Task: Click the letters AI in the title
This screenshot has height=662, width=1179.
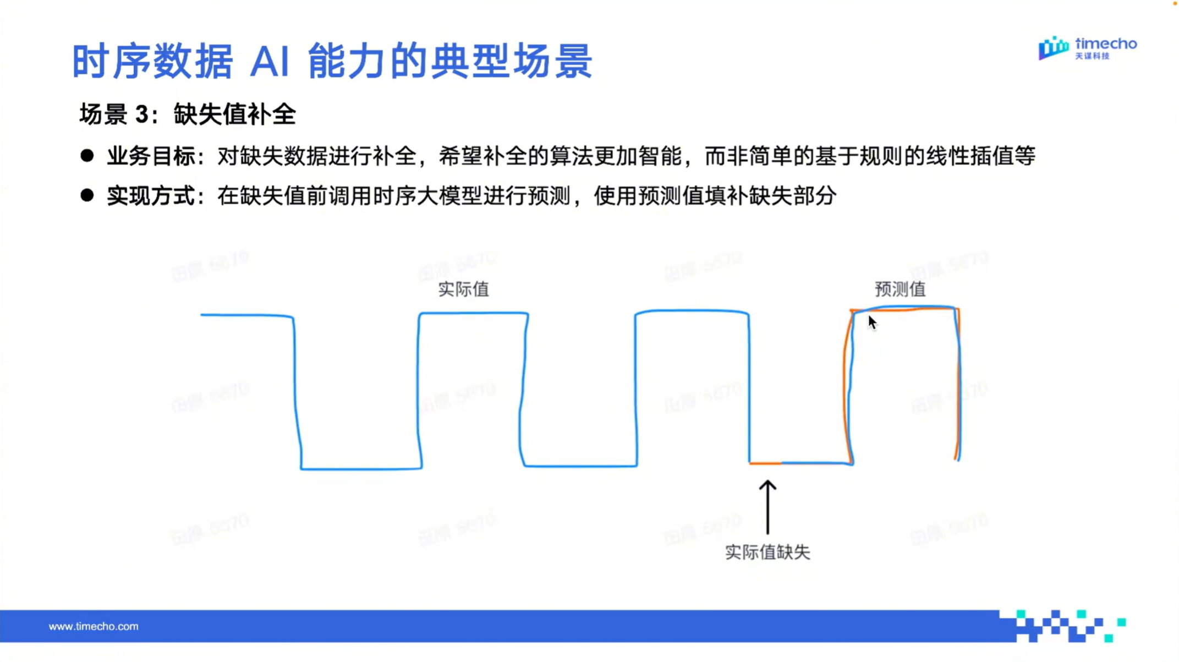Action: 270,62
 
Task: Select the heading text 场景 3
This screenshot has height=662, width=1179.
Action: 114,114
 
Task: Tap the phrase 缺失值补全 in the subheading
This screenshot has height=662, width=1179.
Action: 235,114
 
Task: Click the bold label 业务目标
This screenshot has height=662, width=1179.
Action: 151,156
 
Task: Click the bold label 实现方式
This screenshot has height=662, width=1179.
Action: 151,196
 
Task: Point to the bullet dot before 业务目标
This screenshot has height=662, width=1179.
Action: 87,156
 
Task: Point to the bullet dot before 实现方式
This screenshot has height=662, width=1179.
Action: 87,195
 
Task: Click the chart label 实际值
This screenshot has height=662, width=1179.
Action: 463,289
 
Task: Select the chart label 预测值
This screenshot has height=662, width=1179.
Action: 900,289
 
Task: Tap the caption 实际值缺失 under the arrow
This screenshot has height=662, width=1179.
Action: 767,552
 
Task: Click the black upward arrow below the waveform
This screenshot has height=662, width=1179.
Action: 767,506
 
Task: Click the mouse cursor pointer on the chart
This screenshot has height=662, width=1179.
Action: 872,322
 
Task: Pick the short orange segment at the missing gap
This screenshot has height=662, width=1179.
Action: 765,463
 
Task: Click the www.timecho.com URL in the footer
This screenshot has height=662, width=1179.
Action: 94,626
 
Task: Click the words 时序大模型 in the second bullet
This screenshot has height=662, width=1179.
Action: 427,196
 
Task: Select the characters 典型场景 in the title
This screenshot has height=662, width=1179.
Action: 511,62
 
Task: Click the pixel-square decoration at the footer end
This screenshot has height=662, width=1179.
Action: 1067,626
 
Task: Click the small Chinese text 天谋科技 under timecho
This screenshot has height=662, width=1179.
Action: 1093,56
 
